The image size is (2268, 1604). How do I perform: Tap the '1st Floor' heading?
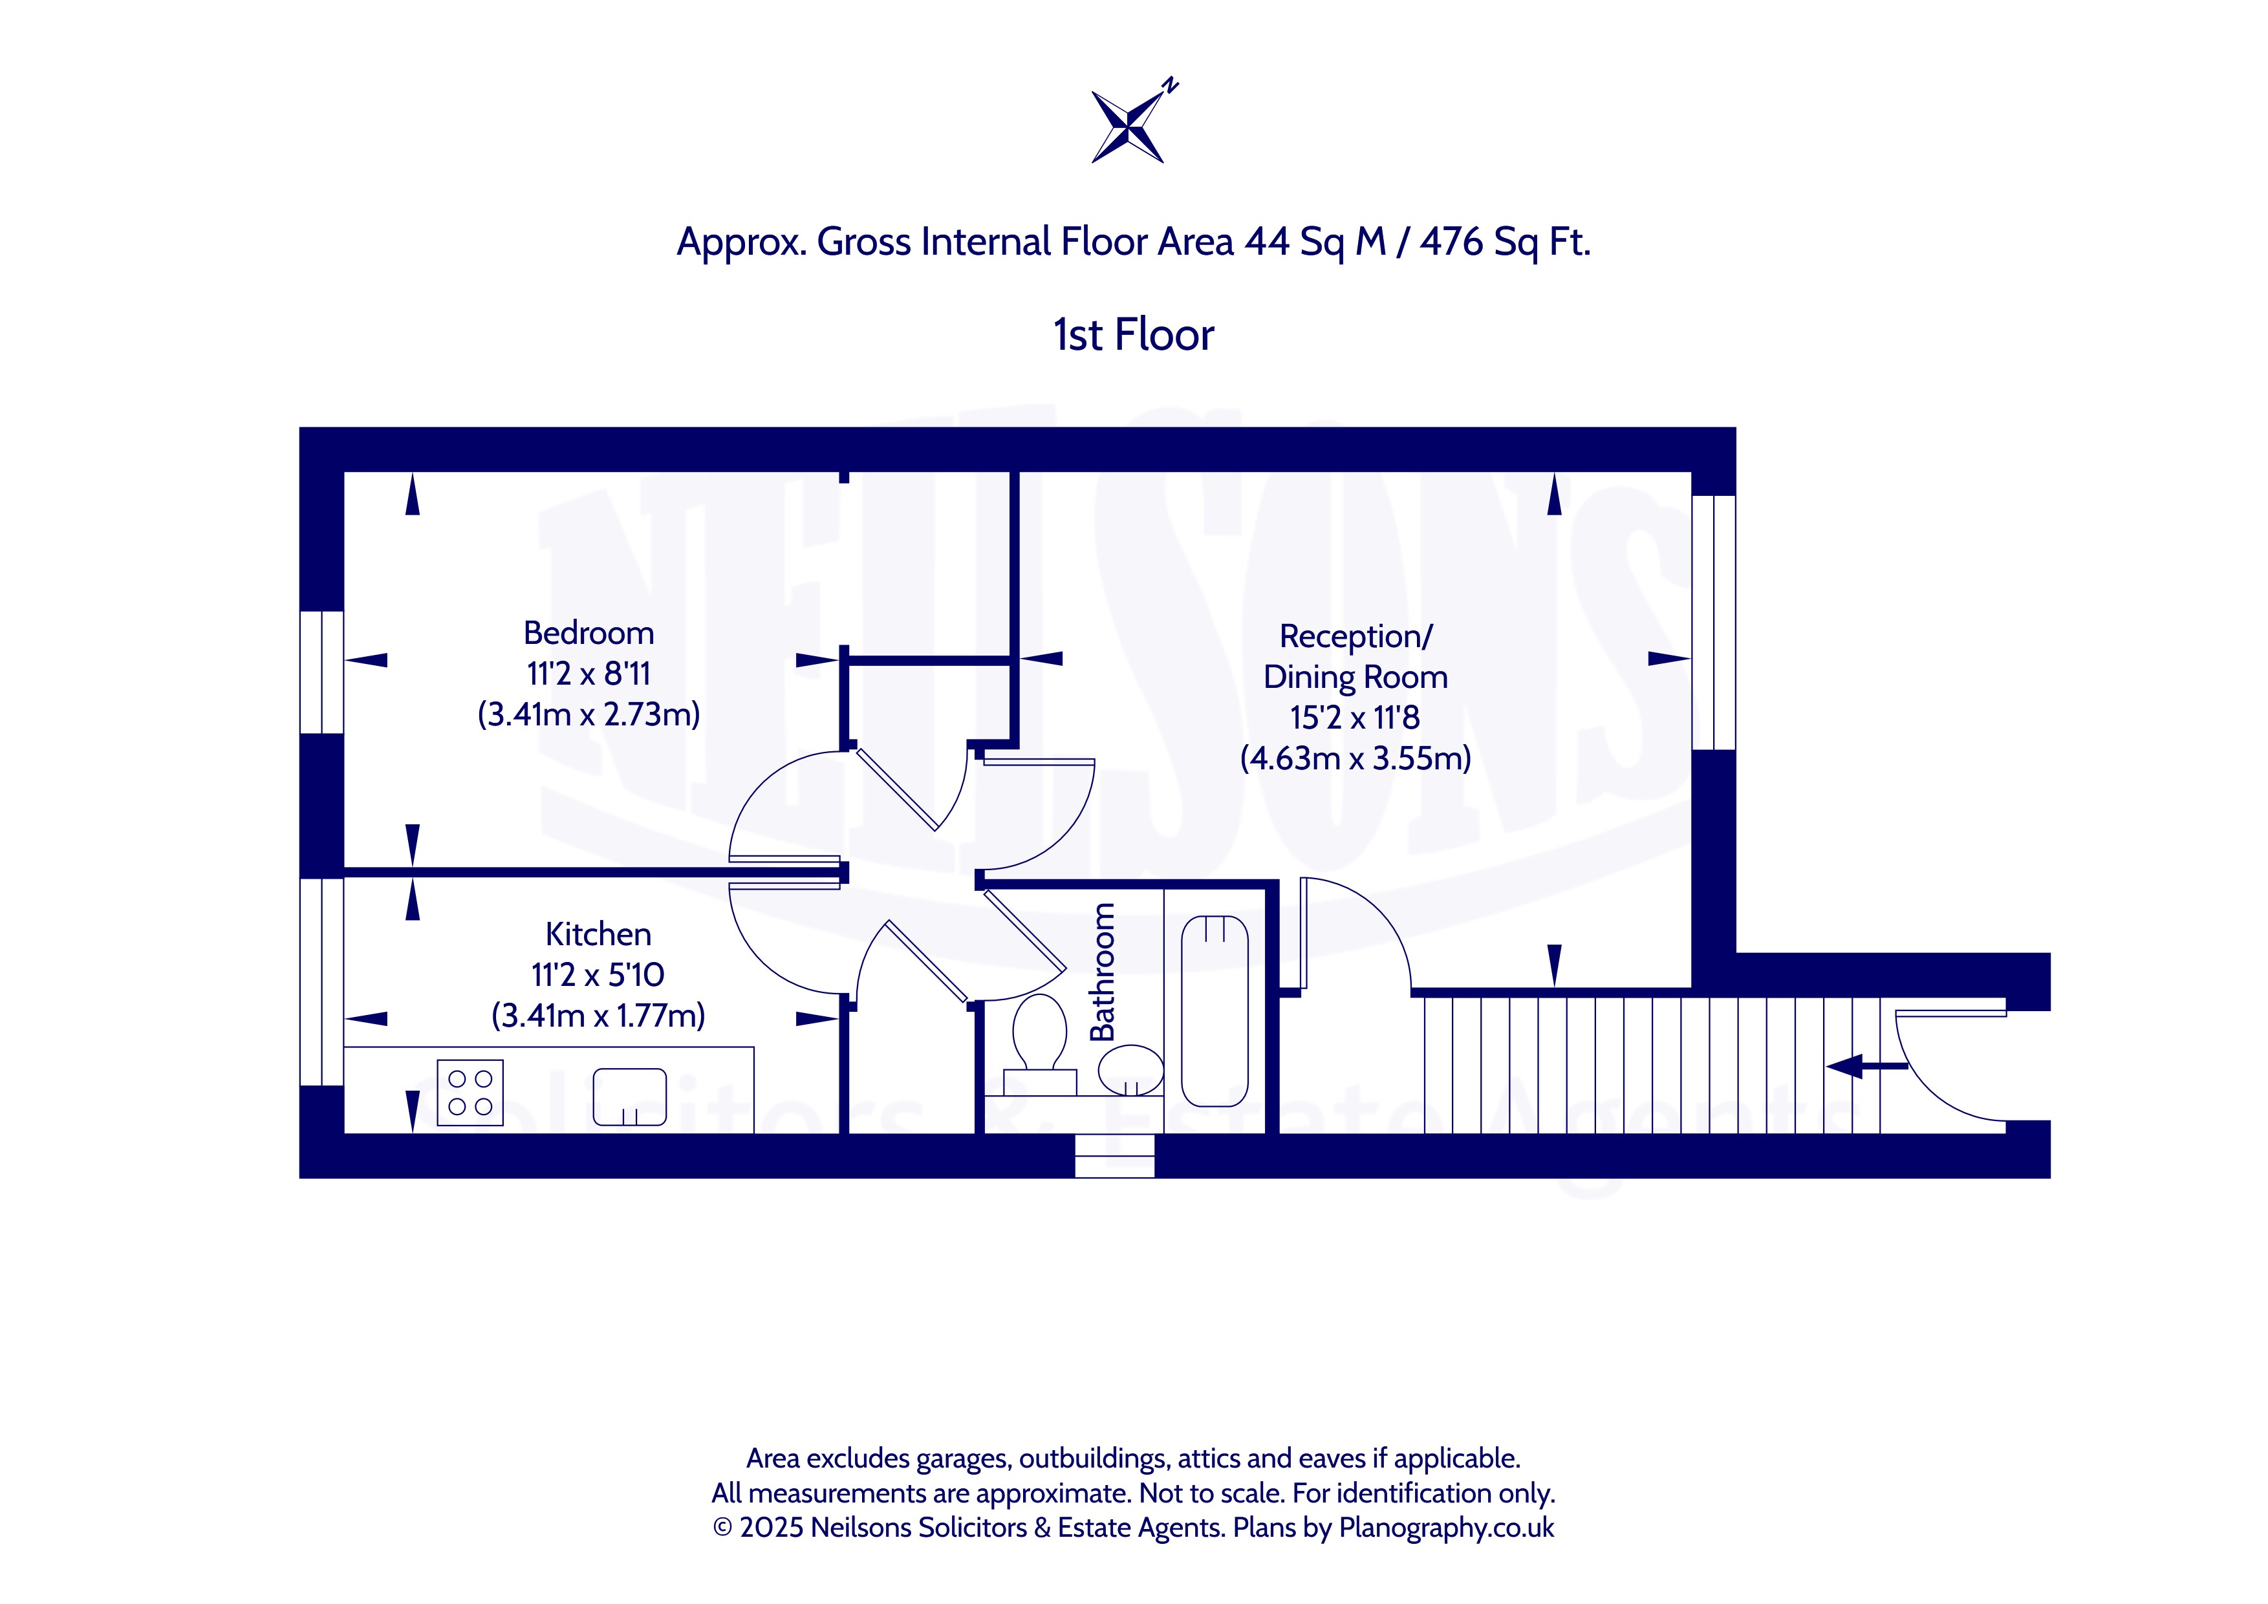click(x=1133, y=336)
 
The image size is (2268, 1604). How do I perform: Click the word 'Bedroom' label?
click(x=589, y=632)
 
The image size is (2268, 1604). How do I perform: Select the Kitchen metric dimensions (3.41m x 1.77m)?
click(x=599, y=1015)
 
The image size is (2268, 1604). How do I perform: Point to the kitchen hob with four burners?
click(x=470, y=1093)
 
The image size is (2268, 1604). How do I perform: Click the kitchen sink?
click(x=629, y=1096)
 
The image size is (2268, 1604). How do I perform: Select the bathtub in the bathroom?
click(x=1215, y=1011)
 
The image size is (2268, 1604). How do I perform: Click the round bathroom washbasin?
click(x=1131, y=1071)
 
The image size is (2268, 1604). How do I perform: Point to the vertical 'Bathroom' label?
click(x=1103, y=972)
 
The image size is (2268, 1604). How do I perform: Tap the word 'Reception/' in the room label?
click(x=1355, y=637)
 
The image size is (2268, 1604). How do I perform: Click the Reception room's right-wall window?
click(x=1714, y=622)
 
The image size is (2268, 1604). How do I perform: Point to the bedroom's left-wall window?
click(x=322, y=672)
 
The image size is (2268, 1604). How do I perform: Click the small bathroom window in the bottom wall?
click(x=1114, y=1155)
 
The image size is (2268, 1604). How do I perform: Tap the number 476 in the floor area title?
click(x=1452, y=242)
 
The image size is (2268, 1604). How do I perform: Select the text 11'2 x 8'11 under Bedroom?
click(x=589, y=674)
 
